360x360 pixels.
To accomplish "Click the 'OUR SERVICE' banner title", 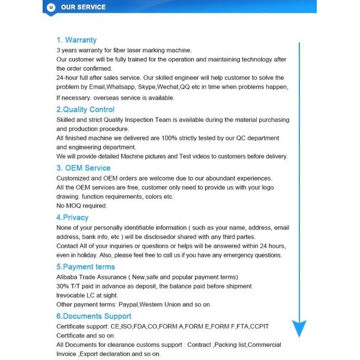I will tap(83, 7).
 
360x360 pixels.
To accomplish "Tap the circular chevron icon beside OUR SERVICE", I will tap(51, 7).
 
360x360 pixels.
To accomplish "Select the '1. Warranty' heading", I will tap(76, 40).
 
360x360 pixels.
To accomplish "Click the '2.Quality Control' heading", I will tap(85, 110).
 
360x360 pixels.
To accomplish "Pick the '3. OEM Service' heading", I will tap(83, 168).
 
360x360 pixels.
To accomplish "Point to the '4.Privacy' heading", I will tap(72, 217).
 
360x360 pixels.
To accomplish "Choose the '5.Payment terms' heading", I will tap(85, 266).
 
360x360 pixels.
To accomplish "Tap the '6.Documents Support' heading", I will tap(93, 316).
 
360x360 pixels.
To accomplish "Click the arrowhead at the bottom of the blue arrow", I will tap(299, 328).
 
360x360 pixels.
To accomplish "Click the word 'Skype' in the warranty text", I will tap(149, 87).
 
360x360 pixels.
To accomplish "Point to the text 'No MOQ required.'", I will tap(82, 206).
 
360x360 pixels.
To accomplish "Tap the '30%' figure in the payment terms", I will tap(63, 286).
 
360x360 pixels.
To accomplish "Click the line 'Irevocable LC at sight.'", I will tap(86, 295).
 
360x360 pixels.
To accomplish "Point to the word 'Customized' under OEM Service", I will tap(73, 178).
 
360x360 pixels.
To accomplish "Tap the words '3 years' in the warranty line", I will tap(67, 50).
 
